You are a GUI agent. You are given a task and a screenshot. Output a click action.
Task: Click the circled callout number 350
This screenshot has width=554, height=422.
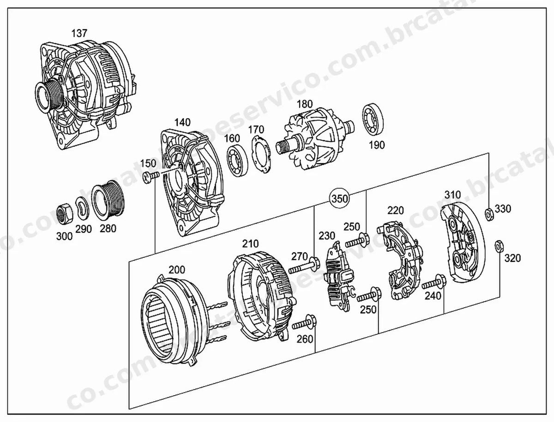point(340,199)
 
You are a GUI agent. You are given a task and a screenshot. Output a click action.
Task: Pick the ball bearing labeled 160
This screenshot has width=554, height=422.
point(237,161)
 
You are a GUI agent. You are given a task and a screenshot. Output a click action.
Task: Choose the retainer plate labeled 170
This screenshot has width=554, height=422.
point(261,155)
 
